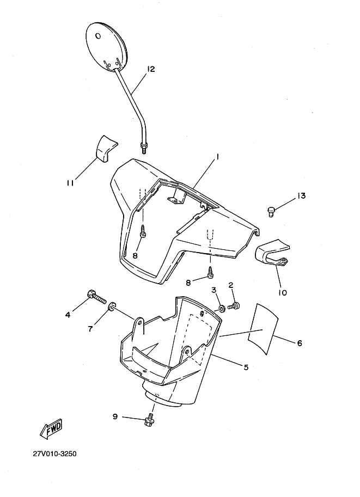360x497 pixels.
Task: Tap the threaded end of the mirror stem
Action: [143, 148]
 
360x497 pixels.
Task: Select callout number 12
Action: [151, 69]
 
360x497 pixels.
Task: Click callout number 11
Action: [70, 183]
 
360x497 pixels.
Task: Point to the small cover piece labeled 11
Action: [106, 149]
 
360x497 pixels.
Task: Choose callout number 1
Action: [218, 157]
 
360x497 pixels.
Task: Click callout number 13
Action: [301, 195]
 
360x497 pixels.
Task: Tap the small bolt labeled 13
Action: [271, 211]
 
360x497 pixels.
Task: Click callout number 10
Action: [282, 292]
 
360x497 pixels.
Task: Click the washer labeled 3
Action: [222, 308]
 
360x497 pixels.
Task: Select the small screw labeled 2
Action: [234, 306]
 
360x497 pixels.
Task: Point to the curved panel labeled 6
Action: [263, 328]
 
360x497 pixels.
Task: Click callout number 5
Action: [246, 367]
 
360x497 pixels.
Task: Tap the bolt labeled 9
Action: [149, 420]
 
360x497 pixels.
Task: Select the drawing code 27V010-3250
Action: [54, 453]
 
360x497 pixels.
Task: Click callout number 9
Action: [115, 416]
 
